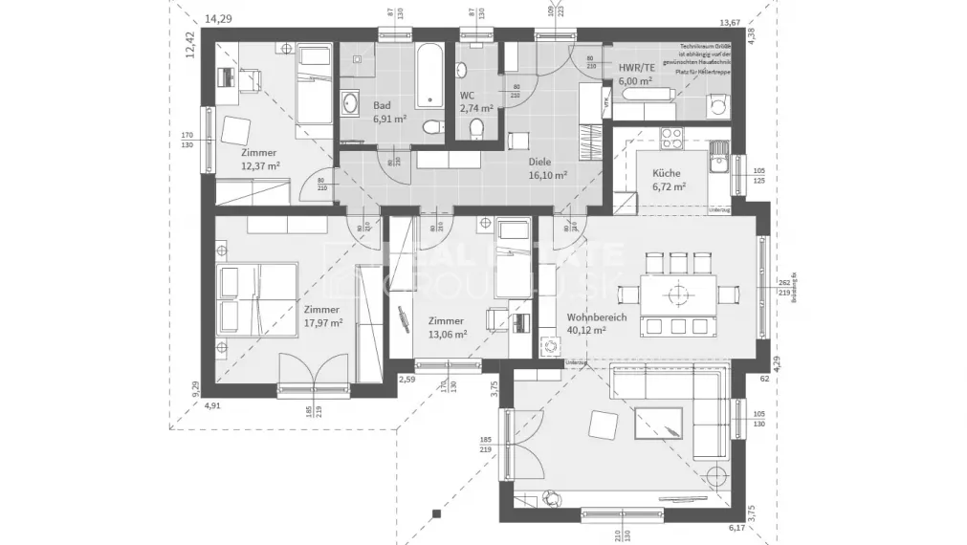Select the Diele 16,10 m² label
click(x=547, y=169)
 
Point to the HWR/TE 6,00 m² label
click(x=635, y=75)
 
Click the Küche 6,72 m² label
click(x=668, y=180)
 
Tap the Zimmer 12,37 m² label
click(x=259, y=159)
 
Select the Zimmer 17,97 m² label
click(x=321, y=316)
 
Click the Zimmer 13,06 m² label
click(x=447, y=327)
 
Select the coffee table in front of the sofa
click(x=661, y=422)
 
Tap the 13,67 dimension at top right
click(x=730, y=22)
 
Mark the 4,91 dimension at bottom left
click(x=212, y=405)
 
